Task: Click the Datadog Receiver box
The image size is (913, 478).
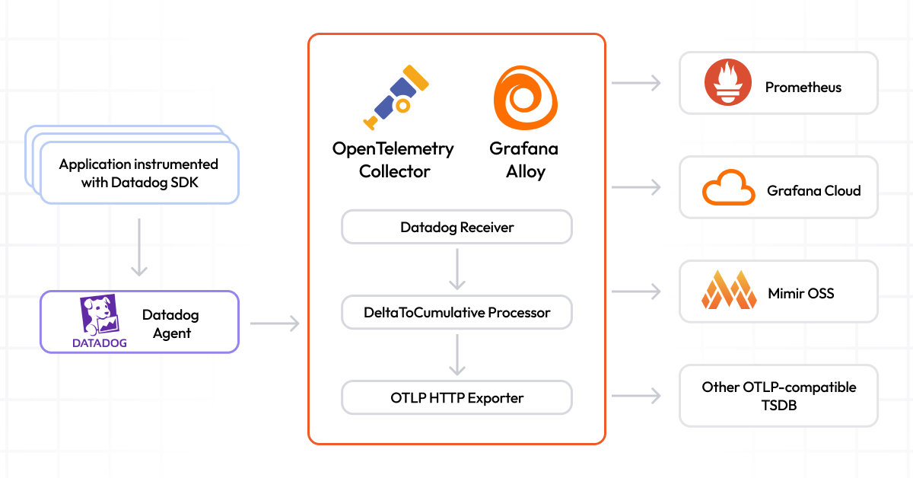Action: [456, 228]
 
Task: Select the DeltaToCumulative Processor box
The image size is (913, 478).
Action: [456, 312]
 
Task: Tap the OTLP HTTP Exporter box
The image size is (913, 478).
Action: [456, 397]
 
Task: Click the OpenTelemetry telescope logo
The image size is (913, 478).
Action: [394, 97]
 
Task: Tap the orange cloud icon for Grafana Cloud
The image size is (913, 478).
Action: [728, 188]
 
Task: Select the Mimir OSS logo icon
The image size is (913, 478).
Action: [728, 292]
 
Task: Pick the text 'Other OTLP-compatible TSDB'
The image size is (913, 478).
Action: [778, 396]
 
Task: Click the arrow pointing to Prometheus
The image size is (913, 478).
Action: [636, 83]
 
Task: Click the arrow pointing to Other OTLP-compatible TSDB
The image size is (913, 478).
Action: [636, 396]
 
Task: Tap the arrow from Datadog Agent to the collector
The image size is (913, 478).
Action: [275, 324]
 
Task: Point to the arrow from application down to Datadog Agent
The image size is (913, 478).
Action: [138, 247]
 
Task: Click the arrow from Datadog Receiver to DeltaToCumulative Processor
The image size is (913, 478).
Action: [456, 269]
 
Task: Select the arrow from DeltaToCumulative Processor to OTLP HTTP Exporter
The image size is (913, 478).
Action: [456, 355]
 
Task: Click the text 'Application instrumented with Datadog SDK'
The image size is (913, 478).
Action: [138, 174]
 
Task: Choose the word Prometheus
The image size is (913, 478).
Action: [803, 88]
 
